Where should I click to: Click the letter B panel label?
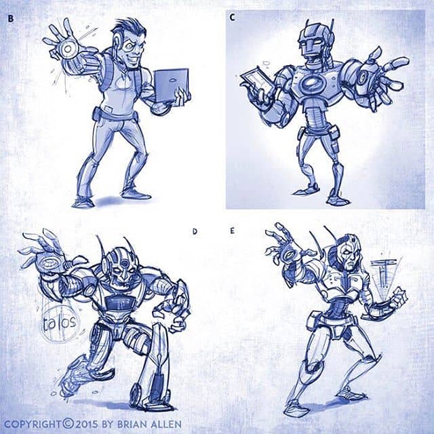(x=11, y=19)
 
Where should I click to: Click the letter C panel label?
(x=232, y=18)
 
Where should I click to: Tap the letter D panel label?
(x=195, y=232)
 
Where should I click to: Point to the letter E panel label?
(x=232, y=231)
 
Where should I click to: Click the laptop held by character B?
(x=171, y=85)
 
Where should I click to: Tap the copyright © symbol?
(x=68, y=424)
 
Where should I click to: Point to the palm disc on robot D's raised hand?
(x=51, y=263)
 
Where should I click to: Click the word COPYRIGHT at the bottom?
(x=33, y=424)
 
